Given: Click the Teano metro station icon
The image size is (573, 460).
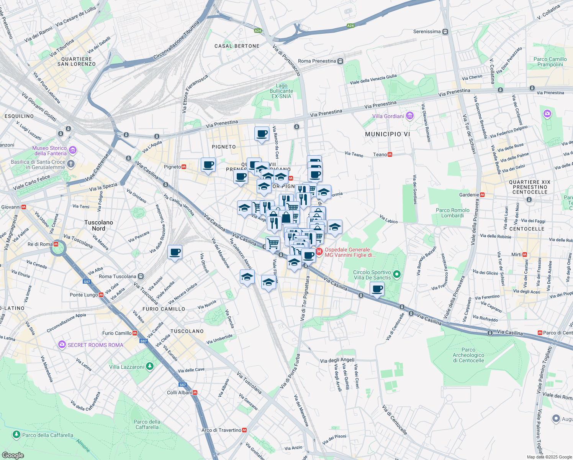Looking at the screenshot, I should click(390, 154).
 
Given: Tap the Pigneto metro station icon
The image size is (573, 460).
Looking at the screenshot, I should click(184, 167).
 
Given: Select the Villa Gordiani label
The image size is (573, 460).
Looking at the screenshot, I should click(388, 116).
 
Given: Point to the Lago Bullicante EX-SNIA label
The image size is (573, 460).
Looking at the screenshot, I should click(282, 91).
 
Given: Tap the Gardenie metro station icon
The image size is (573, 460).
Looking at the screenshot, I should click(482, 195).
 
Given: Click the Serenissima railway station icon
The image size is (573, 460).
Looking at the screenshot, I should click(445, 32).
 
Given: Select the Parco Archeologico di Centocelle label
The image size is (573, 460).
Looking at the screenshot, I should click(468, 355).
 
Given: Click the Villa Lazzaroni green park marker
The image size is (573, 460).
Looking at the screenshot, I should click(150, 366).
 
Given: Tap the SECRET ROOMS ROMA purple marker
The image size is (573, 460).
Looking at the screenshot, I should click(62, 345).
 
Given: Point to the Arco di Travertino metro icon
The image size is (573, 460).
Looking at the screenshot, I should click(244, 430).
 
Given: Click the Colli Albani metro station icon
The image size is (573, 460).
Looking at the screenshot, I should click(195, 393).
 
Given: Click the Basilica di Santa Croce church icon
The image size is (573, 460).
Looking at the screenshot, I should click(70, 164).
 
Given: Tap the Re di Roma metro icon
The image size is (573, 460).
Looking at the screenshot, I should click(56, 244).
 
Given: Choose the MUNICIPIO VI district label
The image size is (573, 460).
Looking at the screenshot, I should click(387, 134).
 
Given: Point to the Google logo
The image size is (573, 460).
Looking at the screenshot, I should click(13, 455).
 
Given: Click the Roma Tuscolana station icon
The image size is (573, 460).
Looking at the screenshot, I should click(141, 276).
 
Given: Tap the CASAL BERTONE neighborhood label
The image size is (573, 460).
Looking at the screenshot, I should click(237, 46).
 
